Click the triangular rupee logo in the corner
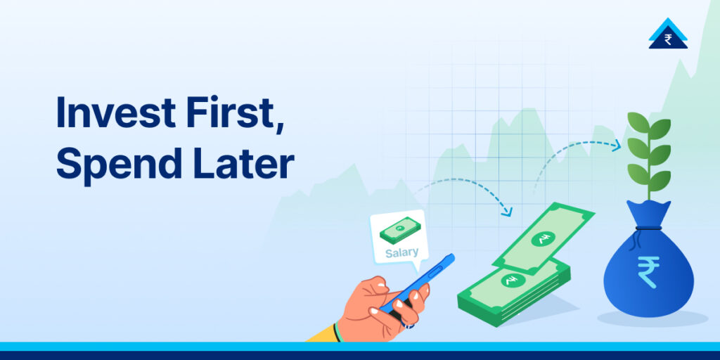667,35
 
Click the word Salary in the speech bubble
401,252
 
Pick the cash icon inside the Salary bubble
399,230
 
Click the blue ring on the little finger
409,326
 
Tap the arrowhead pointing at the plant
617,146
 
